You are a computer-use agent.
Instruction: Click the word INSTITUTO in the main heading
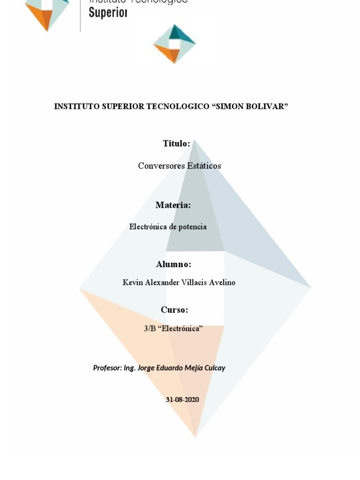[76, 106]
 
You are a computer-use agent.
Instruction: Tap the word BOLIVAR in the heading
[269, 106]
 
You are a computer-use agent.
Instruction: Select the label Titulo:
[176, 143]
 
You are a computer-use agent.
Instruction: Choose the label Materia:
[173, 205]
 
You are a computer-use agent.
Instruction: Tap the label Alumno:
[173, 264]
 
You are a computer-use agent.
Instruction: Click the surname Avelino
[220, 283]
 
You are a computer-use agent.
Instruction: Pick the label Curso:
[174, 310]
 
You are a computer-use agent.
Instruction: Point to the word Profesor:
[107, 368]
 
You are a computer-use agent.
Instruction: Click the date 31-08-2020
[182, 399]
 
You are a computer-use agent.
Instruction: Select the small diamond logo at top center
[174, 44]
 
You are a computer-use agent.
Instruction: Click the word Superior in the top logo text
[108, 13]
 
